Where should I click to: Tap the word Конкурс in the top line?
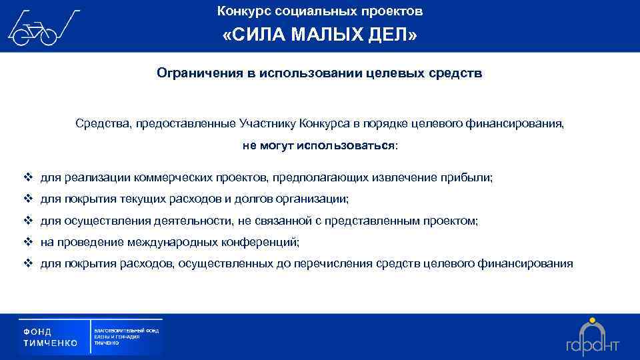click(241, 11)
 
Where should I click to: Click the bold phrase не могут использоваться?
click(318, 145)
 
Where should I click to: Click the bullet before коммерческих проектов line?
click(28, 178)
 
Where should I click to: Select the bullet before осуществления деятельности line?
click(28, 221)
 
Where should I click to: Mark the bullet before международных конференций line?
click(28, 242)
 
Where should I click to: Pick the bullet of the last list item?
click(28, 263)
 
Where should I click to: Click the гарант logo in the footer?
click(593, 337)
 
